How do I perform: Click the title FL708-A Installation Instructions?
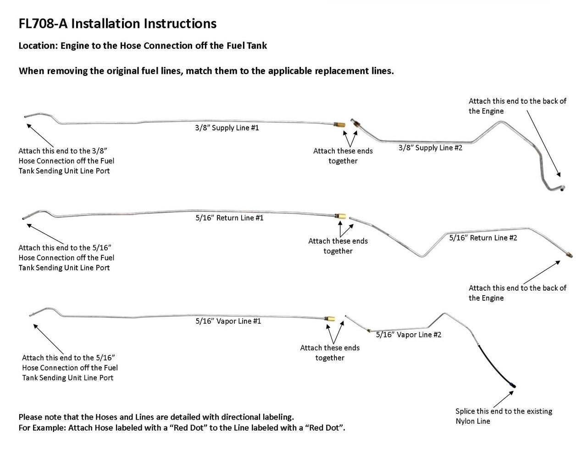(x=117, y=23)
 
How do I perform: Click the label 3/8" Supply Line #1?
(x=227, y=128)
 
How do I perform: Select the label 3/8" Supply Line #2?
(x=430, y=148)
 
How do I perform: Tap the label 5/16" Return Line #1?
(x=229, y=218)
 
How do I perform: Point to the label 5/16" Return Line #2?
(x=483, y=238)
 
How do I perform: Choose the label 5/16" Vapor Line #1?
(x=228, y=321)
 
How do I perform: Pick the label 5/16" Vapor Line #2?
(x=408, y=335)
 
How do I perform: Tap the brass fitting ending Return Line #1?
(x=340, y=216)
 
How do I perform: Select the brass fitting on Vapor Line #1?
(x=329, y=319)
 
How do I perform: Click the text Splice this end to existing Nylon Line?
(x=503, y=416)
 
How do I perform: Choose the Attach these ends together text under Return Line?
(x=338, y=246)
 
